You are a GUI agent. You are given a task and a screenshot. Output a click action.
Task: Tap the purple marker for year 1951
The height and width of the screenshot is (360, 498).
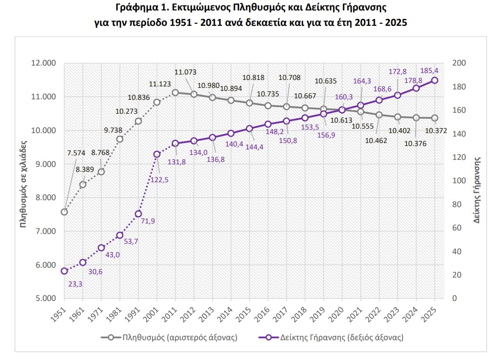[64, 271]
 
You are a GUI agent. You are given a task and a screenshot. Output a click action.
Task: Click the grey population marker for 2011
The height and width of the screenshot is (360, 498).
[175, 92]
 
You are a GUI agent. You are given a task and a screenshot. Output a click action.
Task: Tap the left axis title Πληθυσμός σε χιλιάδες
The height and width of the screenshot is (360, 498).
[23, 181]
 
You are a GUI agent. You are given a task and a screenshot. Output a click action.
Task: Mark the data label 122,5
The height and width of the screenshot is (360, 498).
[159, 180]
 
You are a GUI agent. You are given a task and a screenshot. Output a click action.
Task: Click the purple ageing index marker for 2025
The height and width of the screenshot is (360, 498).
[434, 80]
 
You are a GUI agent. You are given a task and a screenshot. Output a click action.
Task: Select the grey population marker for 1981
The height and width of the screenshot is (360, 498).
[120, 139]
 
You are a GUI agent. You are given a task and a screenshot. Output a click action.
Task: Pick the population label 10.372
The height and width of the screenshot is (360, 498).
[437, 131]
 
